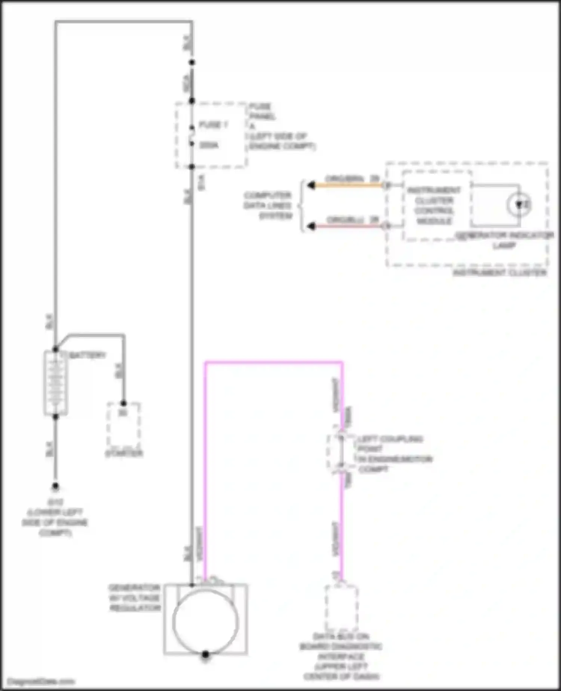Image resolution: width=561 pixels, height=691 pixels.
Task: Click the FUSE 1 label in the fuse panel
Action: [x=213, y=125]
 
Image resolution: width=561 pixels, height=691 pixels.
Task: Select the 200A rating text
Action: [x=209, y=145]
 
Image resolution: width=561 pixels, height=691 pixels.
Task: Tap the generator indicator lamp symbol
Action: [x=519, y=205]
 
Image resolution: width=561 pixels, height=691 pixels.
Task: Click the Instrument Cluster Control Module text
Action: [x=434, y=206]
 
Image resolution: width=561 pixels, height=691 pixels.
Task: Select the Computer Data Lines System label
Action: [x=268, y=206]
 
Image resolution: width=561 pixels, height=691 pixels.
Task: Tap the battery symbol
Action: [x=55, y=383]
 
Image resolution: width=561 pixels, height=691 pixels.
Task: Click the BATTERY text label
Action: [x=88, y=354]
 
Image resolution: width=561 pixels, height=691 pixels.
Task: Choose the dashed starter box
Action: [x=123, y=425]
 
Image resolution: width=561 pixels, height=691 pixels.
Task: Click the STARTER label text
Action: [x=124, y=453]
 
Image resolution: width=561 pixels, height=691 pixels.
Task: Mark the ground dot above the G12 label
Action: [x=55, y=486]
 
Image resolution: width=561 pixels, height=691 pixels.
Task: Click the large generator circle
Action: [x=205, y=622]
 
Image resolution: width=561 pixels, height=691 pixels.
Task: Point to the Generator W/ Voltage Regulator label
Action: [x=135, y=598]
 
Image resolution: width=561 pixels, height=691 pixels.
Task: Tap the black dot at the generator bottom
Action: [x=205, y=654]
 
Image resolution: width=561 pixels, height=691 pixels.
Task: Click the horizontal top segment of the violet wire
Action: [x=273, y=362]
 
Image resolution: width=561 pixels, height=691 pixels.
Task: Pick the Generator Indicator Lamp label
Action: [x=505, y=240]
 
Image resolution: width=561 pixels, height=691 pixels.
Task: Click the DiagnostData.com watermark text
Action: [x=41, y=681]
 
